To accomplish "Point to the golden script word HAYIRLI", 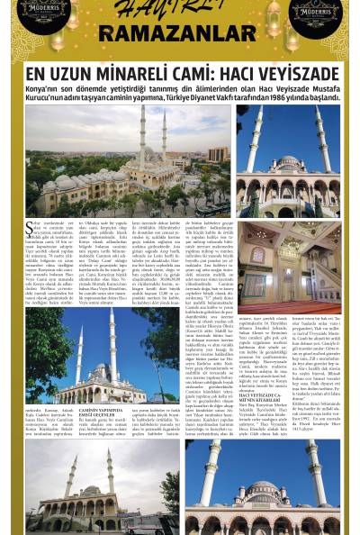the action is coord(180,14).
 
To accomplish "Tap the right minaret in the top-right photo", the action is coord(321,144).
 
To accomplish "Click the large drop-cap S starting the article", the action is coord(30,228).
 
